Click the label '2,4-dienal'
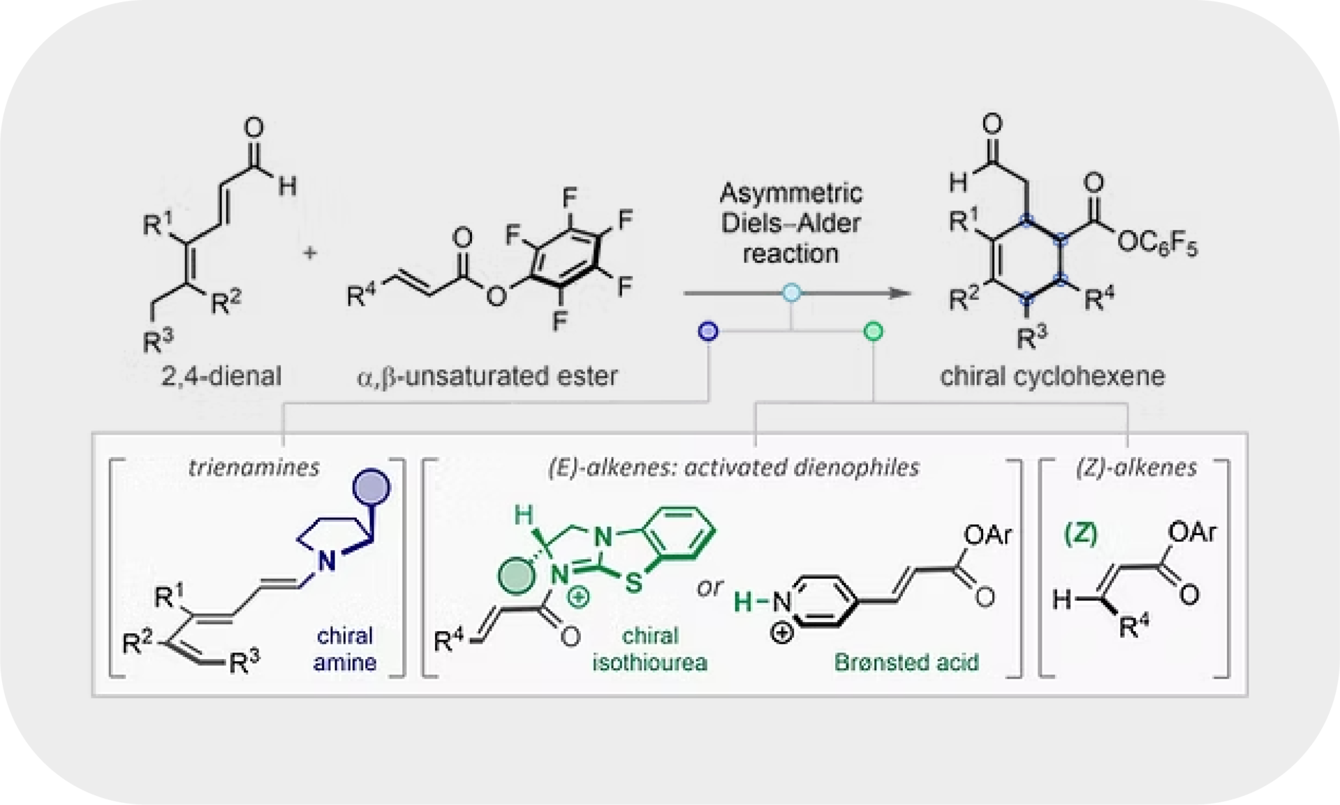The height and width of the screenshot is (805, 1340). click(x=221, y=377)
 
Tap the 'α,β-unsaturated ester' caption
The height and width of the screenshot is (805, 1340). click(x=487, y=377)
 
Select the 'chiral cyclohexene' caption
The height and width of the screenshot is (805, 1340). click(x=1052, y=377)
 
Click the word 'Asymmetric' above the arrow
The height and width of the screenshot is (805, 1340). click(x=790, y=193)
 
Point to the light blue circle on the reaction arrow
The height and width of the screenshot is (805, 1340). click(x=790, y=293)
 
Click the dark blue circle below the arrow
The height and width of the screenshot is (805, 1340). click(x=709, y=331)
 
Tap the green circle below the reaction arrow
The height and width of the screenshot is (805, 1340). click(x=873, y=331)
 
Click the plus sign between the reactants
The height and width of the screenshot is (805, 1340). click(x=309, y=252)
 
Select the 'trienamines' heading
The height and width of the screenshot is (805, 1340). click(x=253, y=467)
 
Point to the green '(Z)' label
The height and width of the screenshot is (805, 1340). click(x=1080, y=535)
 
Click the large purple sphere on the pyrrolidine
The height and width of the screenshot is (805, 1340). click(x=370, y=488)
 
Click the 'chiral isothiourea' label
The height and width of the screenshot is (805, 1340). click(x=649, y=648)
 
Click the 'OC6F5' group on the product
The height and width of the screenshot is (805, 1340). click(x=1156, y=246)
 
